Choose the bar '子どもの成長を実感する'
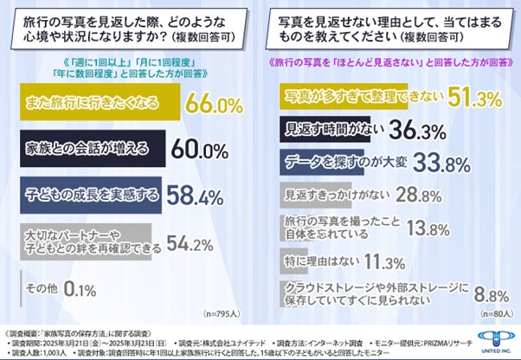(87, 191)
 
